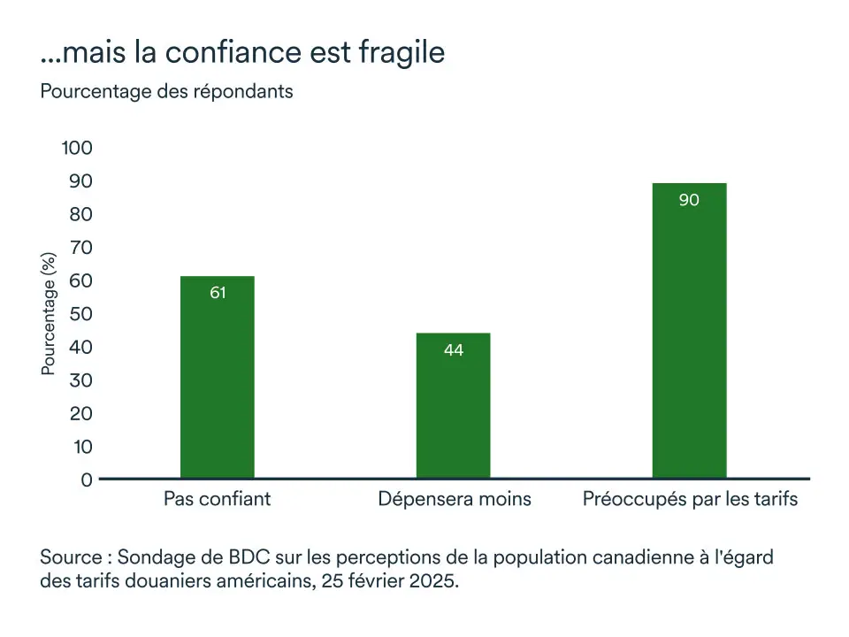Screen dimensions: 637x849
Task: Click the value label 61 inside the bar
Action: click(x=218, y=293)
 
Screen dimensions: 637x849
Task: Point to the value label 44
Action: click(x=453, y=350)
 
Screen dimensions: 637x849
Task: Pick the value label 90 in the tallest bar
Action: click(x=689, y=200)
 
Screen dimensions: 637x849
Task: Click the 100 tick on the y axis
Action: click(x=77, y=148)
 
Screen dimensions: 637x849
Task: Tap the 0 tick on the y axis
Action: click(x=87, y=480)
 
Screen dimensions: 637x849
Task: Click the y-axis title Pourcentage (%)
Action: click(x=49, y=314)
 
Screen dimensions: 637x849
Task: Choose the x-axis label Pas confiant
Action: click(x=218, y=499)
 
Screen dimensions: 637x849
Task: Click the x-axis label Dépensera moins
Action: click(x=455, y=499)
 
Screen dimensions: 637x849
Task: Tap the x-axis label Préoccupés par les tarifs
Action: click(x=690, y=499)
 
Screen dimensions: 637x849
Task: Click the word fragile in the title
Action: click(x=402, y=53)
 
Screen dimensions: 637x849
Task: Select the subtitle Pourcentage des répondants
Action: click(x=166, y=91)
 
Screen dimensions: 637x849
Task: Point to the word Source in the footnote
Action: click(x=71, y=559)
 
